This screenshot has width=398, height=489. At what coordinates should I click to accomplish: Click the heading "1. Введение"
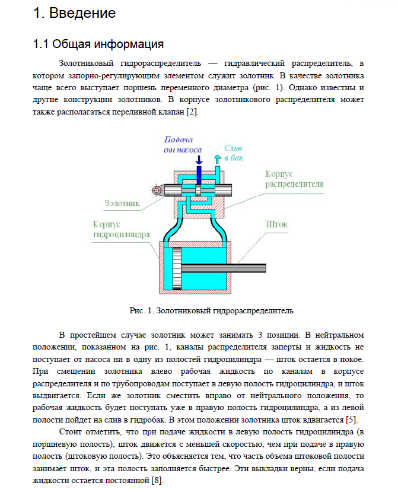[x=75, y=12]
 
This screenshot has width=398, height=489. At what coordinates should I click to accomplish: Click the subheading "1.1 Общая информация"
[x=98, y=44]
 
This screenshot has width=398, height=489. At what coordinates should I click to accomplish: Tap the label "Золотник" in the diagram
[x=122, y=203]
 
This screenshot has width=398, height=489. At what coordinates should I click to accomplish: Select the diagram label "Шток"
[x=277, y=225]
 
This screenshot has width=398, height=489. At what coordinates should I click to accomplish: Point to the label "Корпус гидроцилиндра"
[x=121, y=229]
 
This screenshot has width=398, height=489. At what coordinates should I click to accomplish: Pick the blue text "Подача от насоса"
[x=183, y=144]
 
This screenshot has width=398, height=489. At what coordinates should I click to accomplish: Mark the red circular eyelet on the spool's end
[x=157, y=190]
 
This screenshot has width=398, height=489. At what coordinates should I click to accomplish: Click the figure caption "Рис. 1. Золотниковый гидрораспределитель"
[x=211, y=310]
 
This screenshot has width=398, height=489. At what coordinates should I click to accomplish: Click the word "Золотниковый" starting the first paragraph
[x=87, y=62]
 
